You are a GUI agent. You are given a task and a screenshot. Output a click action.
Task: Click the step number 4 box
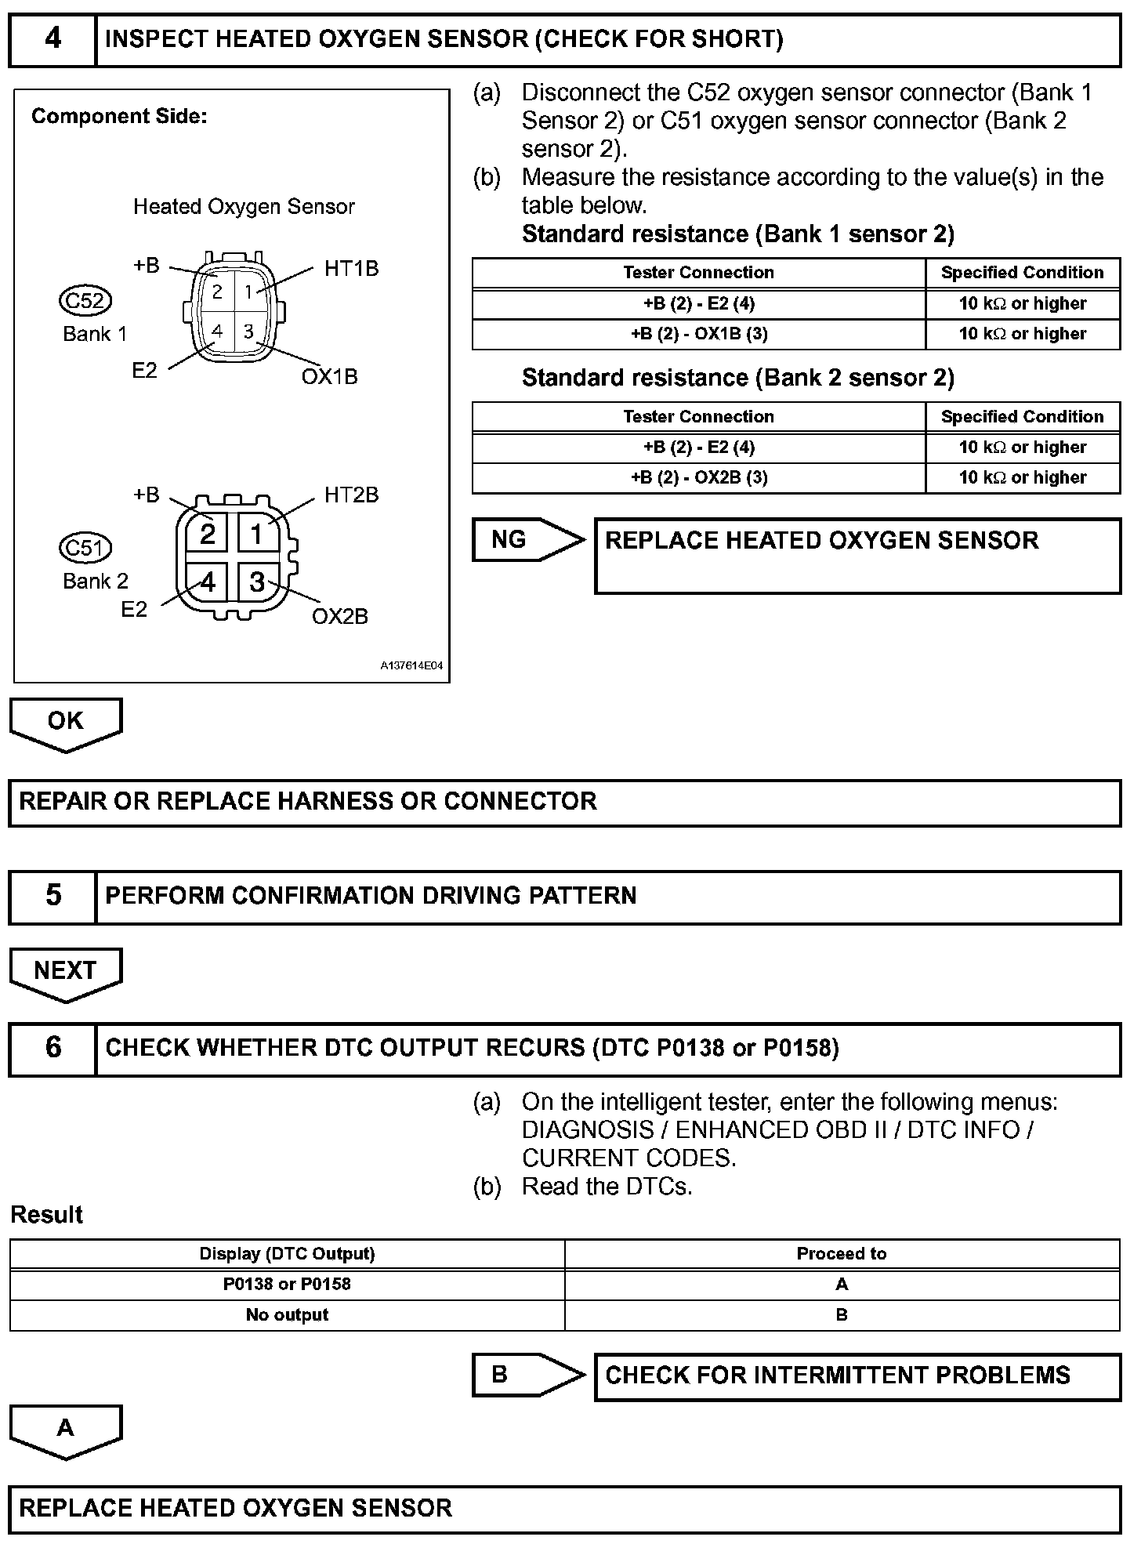coord(53,39)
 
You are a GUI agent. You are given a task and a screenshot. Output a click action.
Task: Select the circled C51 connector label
coord(85,547)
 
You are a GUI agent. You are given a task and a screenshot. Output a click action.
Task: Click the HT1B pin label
coord(351,269)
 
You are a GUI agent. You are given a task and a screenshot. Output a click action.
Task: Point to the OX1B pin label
coord(329,377)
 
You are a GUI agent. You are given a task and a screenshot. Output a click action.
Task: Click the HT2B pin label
coord(351,495)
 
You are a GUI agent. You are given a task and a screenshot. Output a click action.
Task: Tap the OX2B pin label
coord(339,616)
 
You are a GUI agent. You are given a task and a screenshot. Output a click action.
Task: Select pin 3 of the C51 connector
coord(256,582)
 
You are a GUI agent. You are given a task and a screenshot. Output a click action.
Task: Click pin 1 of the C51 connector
coord(256,535)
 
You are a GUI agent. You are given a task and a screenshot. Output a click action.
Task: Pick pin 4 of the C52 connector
coord(217,332)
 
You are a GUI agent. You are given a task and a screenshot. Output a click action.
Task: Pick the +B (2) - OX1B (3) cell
coord(699,334)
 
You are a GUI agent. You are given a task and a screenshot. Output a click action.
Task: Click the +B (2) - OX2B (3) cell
coord(699,478)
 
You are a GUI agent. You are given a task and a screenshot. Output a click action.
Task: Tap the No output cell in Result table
coord(287,1315)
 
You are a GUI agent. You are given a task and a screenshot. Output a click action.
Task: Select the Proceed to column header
coord(842,1254)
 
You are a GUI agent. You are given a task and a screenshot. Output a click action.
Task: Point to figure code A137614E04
coord(411,666)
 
